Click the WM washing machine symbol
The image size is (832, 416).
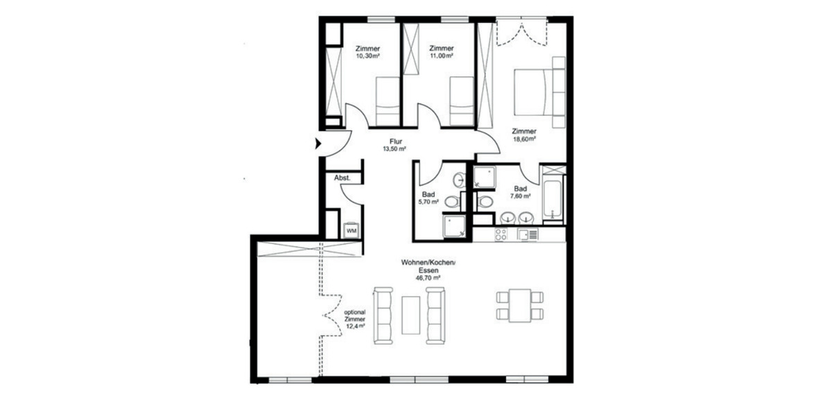[x=351, y=229]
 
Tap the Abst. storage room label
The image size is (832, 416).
[x=342, y=178]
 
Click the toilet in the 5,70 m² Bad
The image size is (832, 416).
[x=451, y=202]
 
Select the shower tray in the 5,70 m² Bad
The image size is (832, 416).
[x=455, y=226]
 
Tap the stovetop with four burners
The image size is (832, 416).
[x=501, y=235]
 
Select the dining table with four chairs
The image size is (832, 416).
[x=520, y=305]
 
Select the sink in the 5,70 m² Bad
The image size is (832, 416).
[x=459, y=180]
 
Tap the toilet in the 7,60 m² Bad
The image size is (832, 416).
[x=485, y=202]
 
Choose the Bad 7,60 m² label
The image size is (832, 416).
[x=520, y=192]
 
